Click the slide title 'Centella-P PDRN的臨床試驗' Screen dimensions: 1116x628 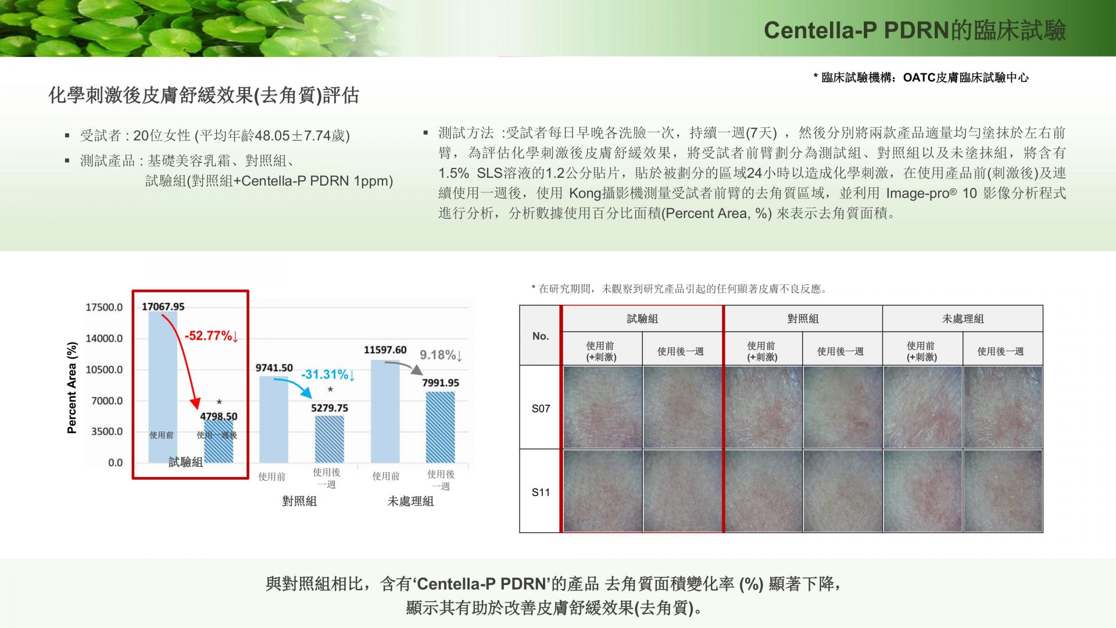click(914, 30)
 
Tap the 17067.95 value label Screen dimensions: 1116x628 click(163, 306)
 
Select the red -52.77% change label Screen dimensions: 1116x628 click(212, 336)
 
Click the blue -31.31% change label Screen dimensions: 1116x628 click(328, 374)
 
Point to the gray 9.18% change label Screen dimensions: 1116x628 click(441, 355)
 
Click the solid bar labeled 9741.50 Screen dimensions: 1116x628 click(274, 419)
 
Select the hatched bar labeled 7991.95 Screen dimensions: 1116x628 click(441, 427)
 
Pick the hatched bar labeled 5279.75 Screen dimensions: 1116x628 click(330, 439)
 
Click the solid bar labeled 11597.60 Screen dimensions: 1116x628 click(385, 411)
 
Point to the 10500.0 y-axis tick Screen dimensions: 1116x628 click(104, 370)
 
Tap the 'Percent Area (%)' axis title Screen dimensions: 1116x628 click(72, 388)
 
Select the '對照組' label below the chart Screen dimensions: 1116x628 click(299, 501)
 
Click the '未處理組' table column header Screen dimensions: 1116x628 click(963, 319)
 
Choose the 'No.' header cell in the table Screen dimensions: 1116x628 click(541, 336)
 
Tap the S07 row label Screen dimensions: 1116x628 click(541, 408)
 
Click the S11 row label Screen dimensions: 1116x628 click(541, 492)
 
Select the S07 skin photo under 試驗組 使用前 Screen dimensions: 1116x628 click(602, 407)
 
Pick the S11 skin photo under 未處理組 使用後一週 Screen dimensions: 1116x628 click(1003, 491)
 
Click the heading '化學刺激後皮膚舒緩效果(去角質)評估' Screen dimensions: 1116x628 click(203, 95)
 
